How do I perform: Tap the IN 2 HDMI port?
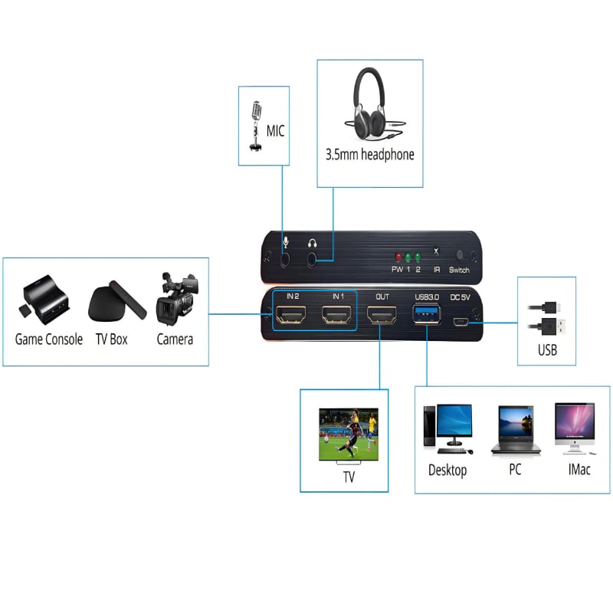(x=293, y=315)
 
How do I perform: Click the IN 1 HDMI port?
(x=338, y=315)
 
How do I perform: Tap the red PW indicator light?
(x=398, y=257)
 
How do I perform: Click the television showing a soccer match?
(x=348, y=434)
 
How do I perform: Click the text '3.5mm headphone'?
(x=370, y=154)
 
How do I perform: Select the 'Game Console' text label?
(x=49, y=338)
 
